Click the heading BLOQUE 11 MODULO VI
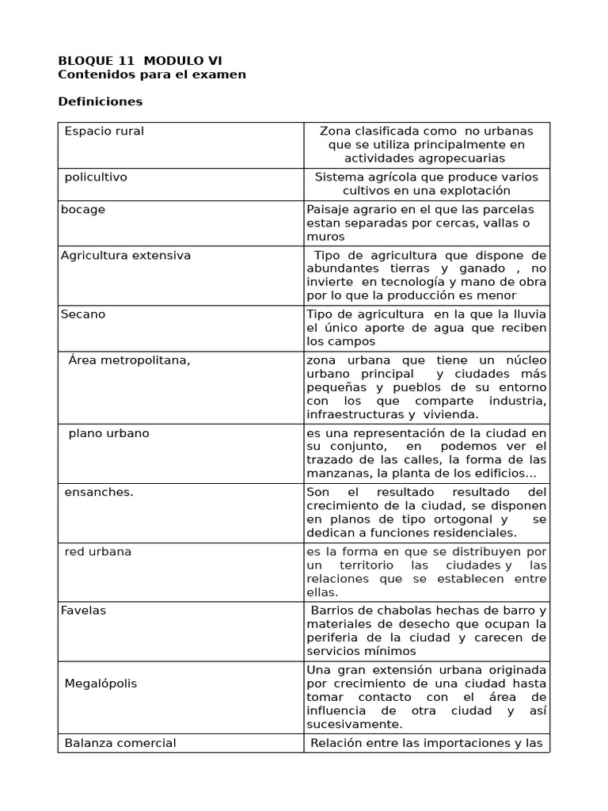[x=141, y=60]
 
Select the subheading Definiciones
[x=101, y=101]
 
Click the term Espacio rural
[x=104, y=131]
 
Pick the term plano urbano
[x=108, y=433]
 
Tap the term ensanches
[x=99, y=492]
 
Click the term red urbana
[x=98, y=550]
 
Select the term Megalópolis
[x=101, y=683]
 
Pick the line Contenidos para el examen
[x=152, y=74]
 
